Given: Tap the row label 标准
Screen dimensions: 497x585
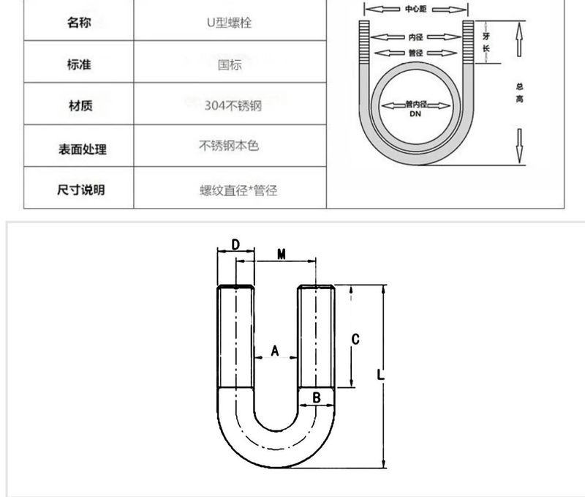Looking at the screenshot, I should coord(79,65).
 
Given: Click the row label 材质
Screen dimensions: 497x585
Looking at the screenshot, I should coord(79,106).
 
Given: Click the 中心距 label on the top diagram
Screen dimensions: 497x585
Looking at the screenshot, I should coord(415,10).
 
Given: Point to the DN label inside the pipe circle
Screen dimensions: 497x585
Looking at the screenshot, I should coord(415,115).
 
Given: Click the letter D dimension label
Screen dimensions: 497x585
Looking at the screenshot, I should coord(235,244).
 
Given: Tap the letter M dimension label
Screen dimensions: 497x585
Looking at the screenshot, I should coord(281,254).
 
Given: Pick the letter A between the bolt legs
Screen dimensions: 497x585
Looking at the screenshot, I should coord(275,351).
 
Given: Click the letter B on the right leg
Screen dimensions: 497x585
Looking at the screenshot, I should coord(317,397).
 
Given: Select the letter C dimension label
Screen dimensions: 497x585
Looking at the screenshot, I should coord(355,339).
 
